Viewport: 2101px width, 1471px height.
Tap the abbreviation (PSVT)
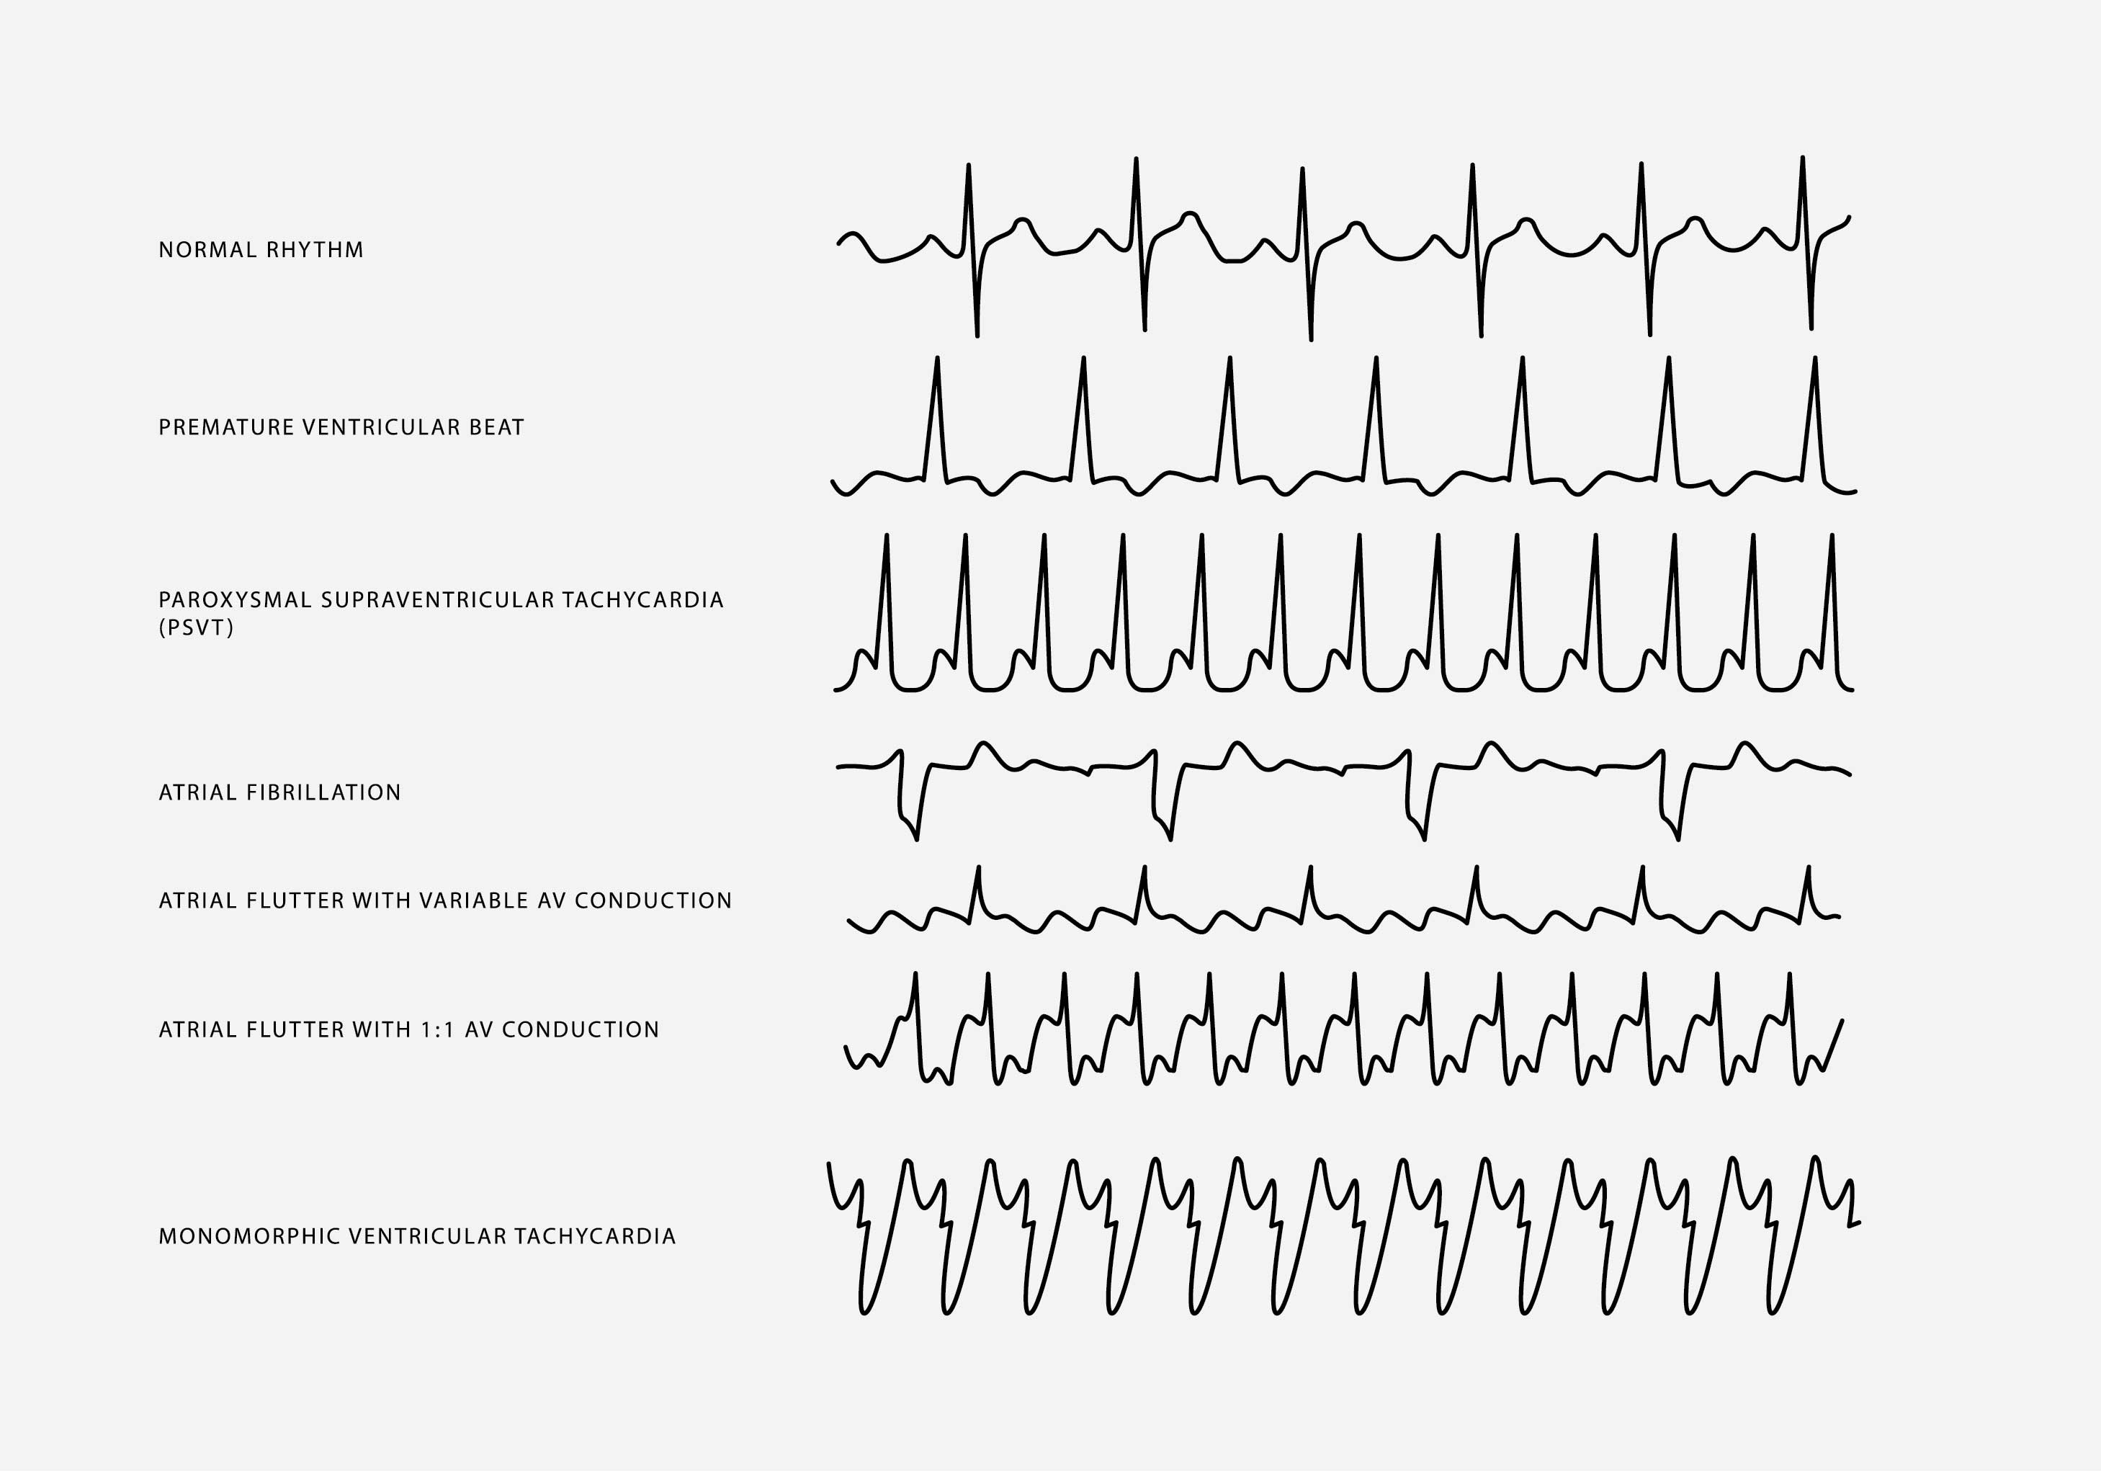[196, 628]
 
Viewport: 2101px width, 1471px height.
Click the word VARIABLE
[473, 900]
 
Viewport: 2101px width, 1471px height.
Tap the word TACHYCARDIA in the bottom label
[595, 1237]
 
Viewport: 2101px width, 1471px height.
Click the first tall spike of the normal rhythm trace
[968, 166]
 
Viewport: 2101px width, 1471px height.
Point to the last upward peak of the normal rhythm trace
[1803, 158]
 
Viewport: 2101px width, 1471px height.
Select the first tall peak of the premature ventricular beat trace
[937, 359]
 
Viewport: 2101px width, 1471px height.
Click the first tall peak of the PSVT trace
[886, 535]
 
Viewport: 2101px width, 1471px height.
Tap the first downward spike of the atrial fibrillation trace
[917, 839]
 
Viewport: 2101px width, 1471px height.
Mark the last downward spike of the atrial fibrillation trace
[1678, 839]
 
